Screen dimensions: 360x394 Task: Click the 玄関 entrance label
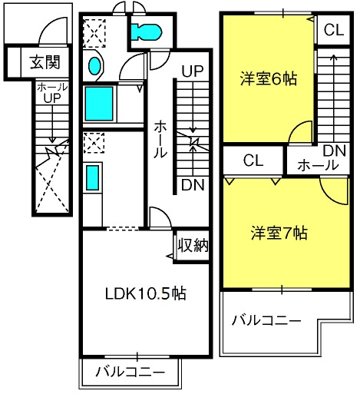[45, 62]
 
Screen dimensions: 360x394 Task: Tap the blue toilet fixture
[147, 32]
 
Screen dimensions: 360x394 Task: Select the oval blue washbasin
[94, 66]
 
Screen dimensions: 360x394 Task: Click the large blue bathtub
[99, 104]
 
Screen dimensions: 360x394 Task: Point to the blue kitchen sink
[92, 177]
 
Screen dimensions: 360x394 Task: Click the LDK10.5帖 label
[145, 293]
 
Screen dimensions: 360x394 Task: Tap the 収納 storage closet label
[193, 245]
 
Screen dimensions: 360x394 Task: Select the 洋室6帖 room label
[269, 78]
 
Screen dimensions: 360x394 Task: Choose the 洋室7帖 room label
[279, 233]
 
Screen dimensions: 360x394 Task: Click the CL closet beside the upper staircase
[334, 30]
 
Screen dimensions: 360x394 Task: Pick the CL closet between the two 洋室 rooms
[253, 161]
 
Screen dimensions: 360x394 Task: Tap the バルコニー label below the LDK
[130, 372]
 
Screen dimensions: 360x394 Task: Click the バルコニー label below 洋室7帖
[266, 320]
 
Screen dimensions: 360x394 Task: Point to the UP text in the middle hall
[193, 71]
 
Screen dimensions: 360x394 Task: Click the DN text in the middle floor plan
[193, 184]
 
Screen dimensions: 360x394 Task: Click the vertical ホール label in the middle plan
[160, 140]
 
